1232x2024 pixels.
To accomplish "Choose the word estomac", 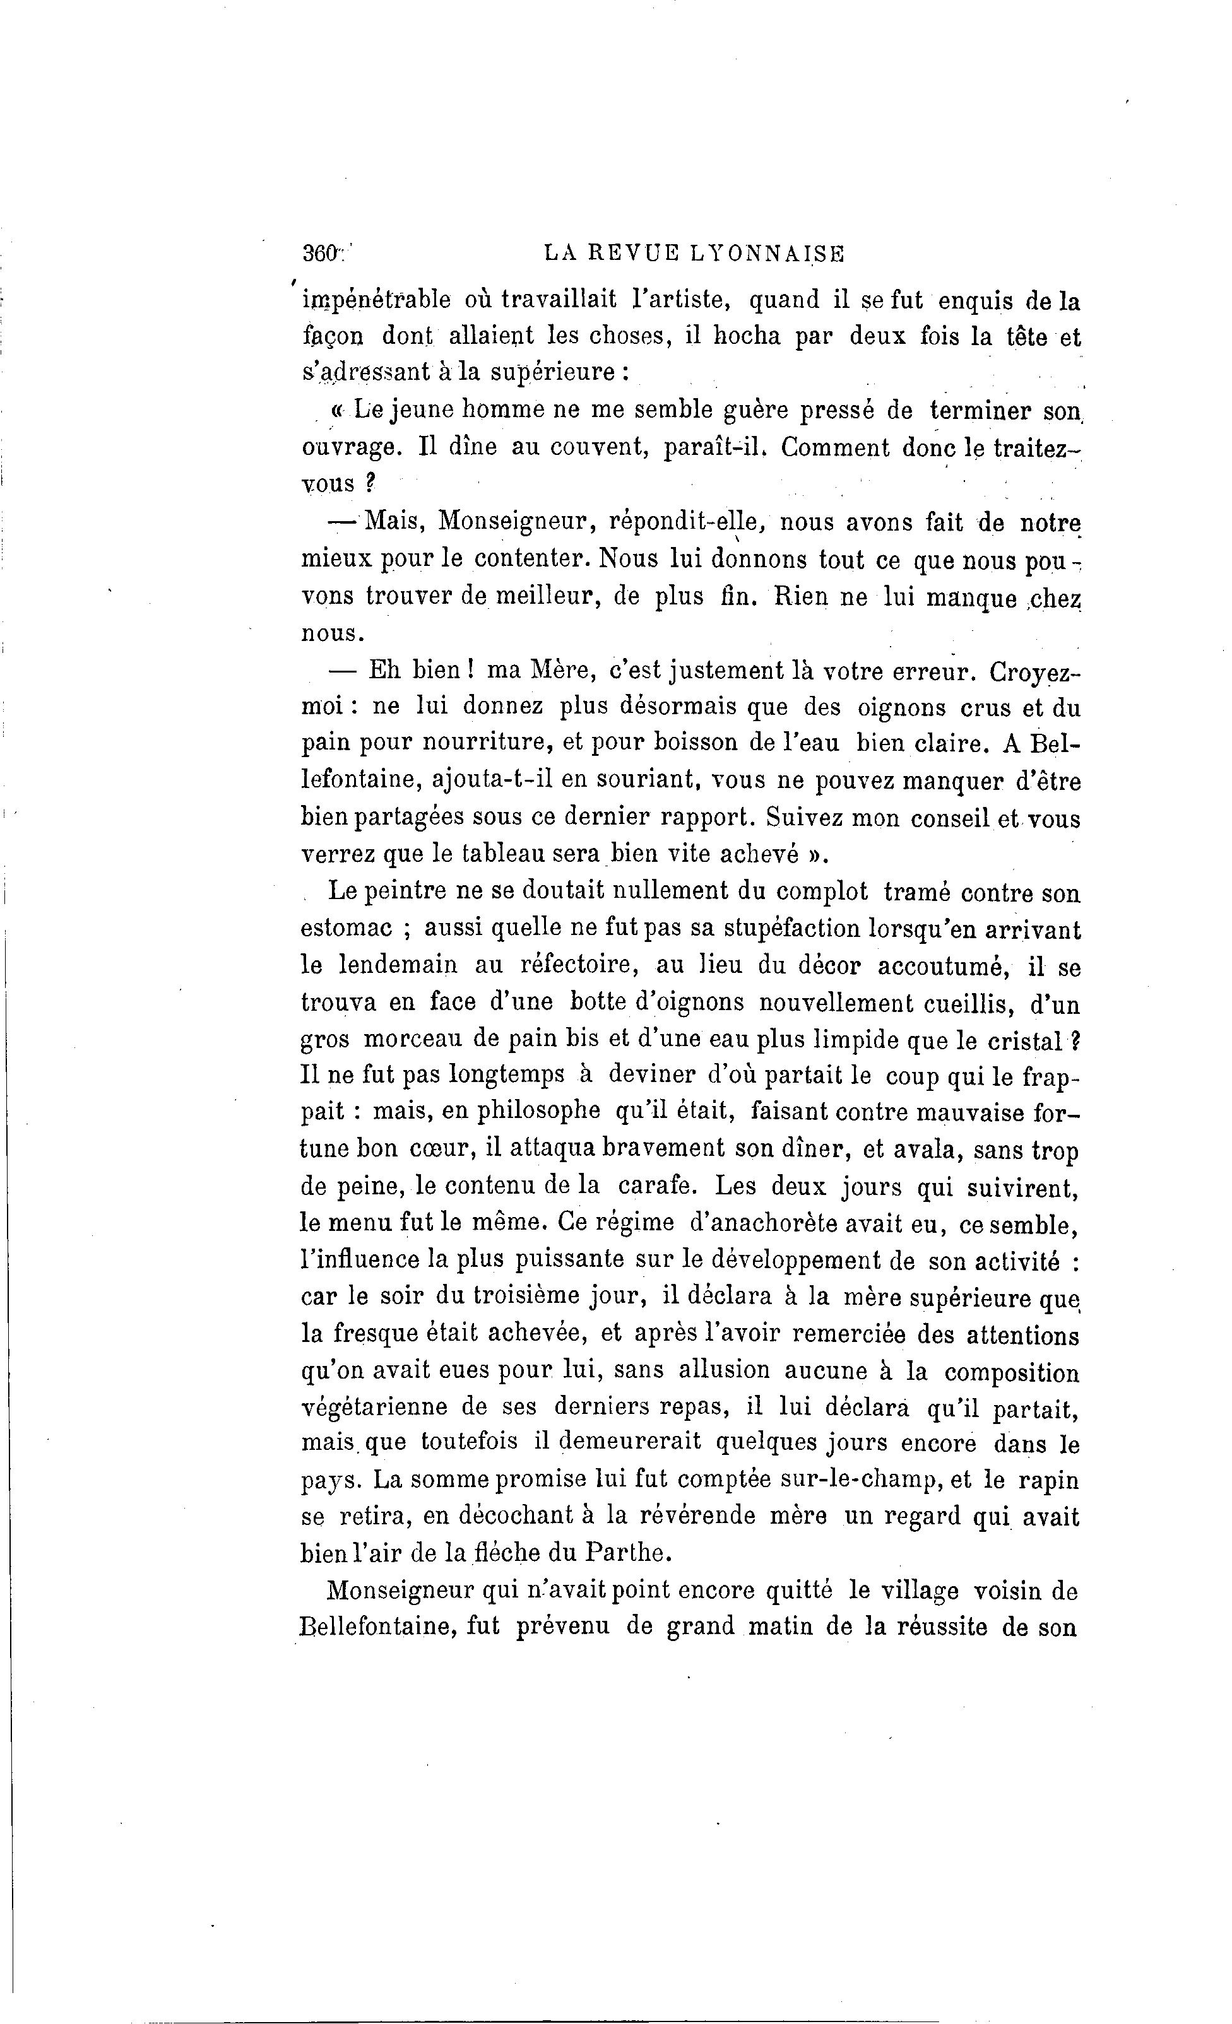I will (346, 929).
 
